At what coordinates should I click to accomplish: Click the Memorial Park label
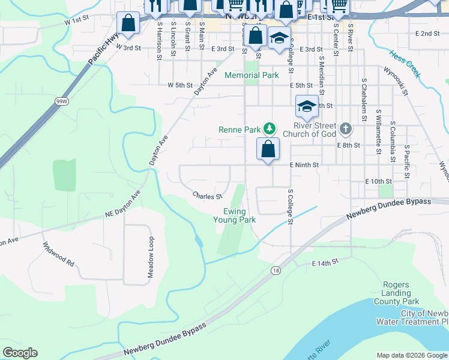pyautogui.click(x=252, y=76)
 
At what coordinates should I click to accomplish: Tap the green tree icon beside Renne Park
pyautogui.click(x=270, y=128)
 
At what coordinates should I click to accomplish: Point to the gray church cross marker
pyautogui.click(x=345, y=128)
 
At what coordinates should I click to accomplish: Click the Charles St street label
pyautogui.click(x=208, y=196)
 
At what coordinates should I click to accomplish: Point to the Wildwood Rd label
pyautogui.click(x=58, y=254)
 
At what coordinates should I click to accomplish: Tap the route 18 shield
pyautogui.click(x=276, y=271)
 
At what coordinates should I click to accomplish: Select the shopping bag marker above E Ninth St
pyautogui.click(x=268, y=149)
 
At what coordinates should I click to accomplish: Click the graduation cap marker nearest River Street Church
pyautogui.click(x=307, y=107)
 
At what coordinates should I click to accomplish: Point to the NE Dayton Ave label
pyautogui.click(x=122, y=204)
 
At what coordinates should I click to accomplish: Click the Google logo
pyautogui.click(x=20, y=353)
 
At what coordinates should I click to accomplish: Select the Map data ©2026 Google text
pyautogui.click(x=411, y=355)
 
